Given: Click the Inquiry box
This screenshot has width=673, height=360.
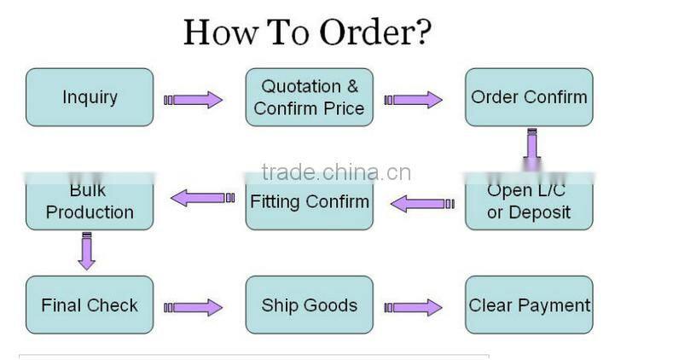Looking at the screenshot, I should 90,97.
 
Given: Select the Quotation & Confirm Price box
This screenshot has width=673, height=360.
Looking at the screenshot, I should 309,97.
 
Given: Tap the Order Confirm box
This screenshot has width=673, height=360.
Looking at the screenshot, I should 529,97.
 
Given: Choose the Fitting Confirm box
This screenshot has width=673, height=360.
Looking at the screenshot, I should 309,201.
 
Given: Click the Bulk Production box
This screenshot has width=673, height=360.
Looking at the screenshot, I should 90,201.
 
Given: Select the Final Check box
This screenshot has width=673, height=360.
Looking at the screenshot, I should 90,305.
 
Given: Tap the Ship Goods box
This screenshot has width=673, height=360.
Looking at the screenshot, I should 309,305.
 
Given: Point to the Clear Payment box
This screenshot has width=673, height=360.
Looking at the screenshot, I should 529,305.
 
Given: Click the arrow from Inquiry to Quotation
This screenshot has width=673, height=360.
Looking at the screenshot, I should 194,100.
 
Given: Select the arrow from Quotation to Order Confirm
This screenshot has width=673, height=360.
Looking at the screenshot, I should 414,100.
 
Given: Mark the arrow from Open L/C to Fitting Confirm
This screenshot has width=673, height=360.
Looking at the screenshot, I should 418,204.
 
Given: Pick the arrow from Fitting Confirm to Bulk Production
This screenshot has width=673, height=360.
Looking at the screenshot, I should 201,198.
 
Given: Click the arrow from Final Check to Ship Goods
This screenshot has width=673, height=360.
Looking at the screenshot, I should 194,307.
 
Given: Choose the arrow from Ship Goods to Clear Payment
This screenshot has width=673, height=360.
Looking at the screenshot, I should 414,307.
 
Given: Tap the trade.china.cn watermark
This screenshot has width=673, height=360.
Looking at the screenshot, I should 336,173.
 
